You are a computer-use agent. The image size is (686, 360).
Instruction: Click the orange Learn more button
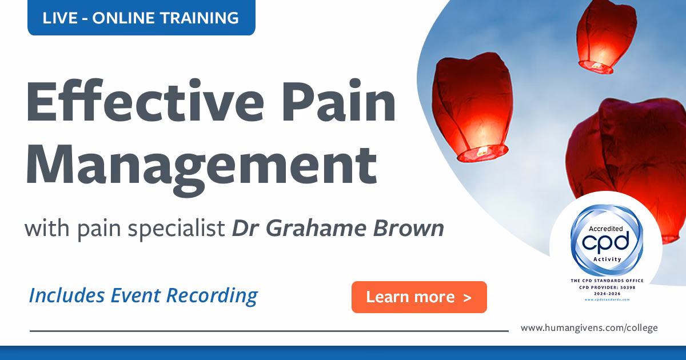point(419,297)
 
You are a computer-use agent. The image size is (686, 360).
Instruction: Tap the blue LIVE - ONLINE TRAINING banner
point(141,18)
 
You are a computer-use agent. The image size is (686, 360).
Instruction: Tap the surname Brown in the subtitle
point(414,229)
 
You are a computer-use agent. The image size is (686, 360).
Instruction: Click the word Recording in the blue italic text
point(212,295)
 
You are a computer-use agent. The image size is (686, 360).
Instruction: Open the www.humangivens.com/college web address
point(589,328)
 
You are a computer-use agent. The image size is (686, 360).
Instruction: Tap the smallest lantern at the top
point(606,35)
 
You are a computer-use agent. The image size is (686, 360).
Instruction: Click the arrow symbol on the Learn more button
point(468,297)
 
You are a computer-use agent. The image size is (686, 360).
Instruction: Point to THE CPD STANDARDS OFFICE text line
point(607,281)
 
